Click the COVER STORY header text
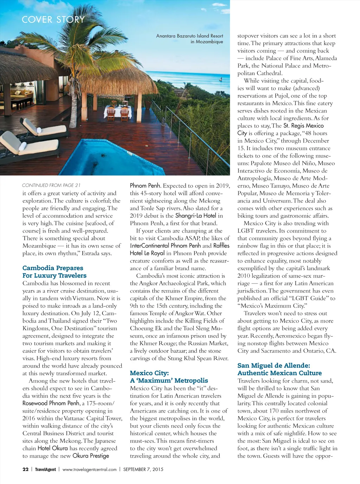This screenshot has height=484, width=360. click(x=53, y=20)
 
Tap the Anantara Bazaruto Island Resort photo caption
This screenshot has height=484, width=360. click(x=189, y=39)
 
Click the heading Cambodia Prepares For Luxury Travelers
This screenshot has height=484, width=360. click(x=54, y=272)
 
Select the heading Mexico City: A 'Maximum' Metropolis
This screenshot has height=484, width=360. click(x=169, y=376)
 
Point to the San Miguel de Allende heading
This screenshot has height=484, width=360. click(x=279, y=369)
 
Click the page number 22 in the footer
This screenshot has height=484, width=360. click(x=25, y=469)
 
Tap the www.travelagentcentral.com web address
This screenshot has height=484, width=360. click(x=89, y=469)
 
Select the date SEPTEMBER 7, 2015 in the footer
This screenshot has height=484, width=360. click(x=143, y=469)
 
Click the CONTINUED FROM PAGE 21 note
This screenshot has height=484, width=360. click(x=51, y=185)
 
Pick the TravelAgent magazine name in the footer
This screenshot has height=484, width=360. click(x=45, y=469)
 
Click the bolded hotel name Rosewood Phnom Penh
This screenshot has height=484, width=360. click(x=51, y=403)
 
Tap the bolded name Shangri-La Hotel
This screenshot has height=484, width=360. click(x=195, y=216)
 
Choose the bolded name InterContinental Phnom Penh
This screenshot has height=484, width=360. click(x=165, y=246)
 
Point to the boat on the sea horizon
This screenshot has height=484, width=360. click(x=220, y=79)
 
